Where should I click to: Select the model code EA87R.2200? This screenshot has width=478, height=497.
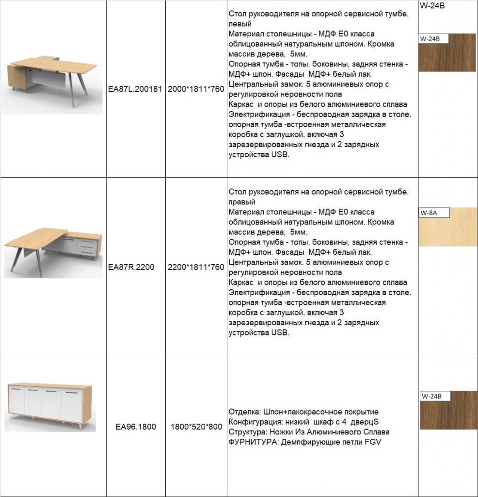click(x=131, y=267)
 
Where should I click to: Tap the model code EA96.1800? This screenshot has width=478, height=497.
click(x=136, y=427)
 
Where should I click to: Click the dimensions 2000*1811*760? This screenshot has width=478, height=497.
click(x=196, y=89)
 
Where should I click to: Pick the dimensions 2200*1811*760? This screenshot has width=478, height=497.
click(x=196, y=267)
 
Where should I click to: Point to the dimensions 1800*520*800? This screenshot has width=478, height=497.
click(x=196, y=427)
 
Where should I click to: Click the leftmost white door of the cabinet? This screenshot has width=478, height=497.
click(x=17, y=404)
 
